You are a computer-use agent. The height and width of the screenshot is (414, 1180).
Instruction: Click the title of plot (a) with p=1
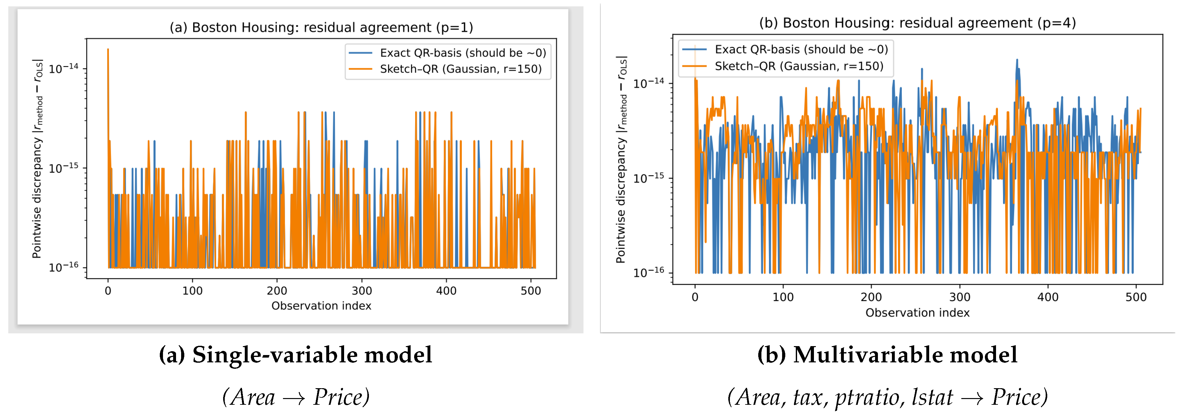point(321,27)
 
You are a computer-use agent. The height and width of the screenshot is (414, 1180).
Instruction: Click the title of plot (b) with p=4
point(917,23)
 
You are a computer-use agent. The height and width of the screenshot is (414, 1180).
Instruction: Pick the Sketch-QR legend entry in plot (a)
point(460,69)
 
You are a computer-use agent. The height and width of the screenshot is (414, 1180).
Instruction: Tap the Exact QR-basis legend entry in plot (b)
point(801,49)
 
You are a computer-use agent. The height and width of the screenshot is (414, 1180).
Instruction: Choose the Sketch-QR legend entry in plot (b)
point(798,66)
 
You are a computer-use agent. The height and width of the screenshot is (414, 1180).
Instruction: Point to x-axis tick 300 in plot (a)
point(362,291)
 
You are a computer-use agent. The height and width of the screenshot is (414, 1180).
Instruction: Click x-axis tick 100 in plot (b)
point(783,297)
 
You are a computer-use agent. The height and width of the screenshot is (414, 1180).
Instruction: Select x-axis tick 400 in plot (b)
point(1048,297)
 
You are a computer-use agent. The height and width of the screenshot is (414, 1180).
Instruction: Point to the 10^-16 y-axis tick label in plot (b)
point(648,272)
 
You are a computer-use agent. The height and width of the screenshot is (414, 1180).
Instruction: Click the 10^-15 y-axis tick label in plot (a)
point(64,168)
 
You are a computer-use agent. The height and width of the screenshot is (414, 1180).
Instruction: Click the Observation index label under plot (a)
point(321,306)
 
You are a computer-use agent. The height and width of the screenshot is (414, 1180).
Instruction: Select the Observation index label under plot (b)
point(917,313)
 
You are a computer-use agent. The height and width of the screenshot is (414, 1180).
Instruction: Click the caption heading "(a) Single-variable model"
point(295,355)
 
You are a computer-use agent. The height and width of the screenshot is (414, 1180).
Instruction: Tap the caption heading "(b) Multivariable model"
point(887,355)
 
